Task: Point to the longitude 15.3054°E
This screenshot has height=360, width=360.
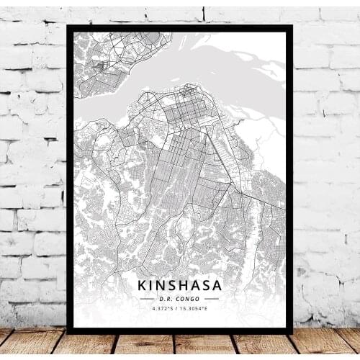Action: [x=196, y=310]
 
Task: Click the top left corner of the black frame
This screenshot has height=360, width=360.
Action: [x=67, y=26]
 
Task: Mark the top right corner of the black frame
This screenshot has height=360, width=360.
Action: [x=292, y=26]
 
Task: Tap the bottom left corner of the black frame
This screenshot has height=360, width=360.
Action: [x=67, y=332]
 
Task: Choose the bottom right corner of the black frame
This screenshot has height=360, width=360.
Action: [x=292, y=332]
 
